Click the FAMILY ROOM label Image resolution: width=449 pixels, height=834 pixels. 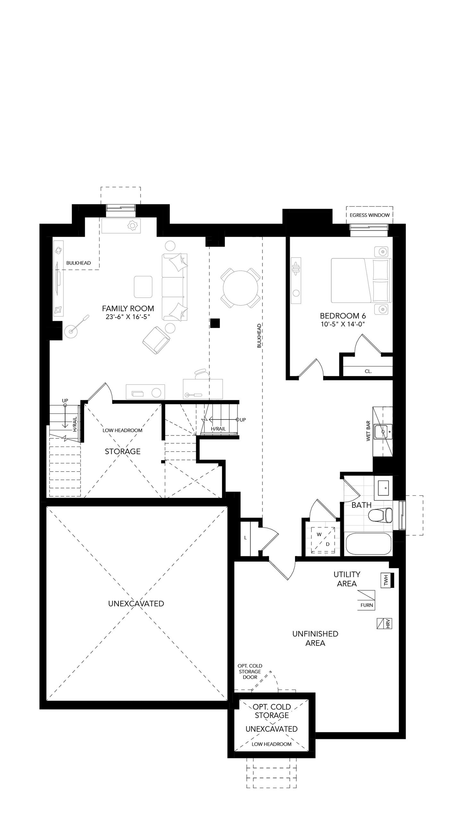(x=128, y=308)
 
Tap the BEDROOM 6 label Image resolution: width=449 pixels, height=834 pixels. (x=343, y=316)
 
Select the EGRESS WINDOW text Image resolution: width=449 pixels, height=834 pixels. (x=369, y=215)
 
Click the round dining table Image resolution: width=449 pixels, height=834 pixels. (x=240, y=287)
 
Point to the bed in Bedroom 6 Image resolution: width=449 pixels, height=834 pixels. (x=361, y=280)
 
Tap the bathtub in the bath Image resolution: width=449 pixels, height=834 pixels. (x=369, y=544)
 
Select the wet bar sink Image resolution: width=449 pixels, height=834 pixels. (x=383, y=431)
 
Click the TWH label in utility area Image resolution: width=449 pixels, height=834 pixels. (x=386, y=581)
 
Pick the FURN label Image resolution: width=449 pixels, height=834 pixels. (x=367, y=605)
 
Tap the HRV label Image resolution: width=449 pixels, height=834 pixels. (x=388, y=624)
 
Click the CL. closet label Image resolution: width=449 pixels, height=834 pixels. (x=368, y=371)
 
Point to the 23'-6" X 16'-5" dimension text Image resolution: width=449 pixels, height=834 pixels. (x=128, y=317)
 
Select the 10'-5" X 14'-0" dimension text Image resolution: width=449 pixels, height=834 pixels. (x=343, y=324)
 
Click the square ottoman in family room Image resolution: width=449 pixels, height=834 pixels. (x=143, y=286)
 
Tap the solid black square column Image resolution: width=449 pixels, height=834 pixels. (x=215, y=323)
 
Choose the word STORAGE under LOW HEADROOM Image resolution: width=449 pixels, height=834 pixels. (x=123, y=451)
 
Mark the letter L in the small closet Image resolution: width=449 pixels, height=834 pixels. (x=245, y=538)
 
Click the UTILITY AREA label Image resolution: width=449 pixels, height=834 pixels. (x=347, y=579)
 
